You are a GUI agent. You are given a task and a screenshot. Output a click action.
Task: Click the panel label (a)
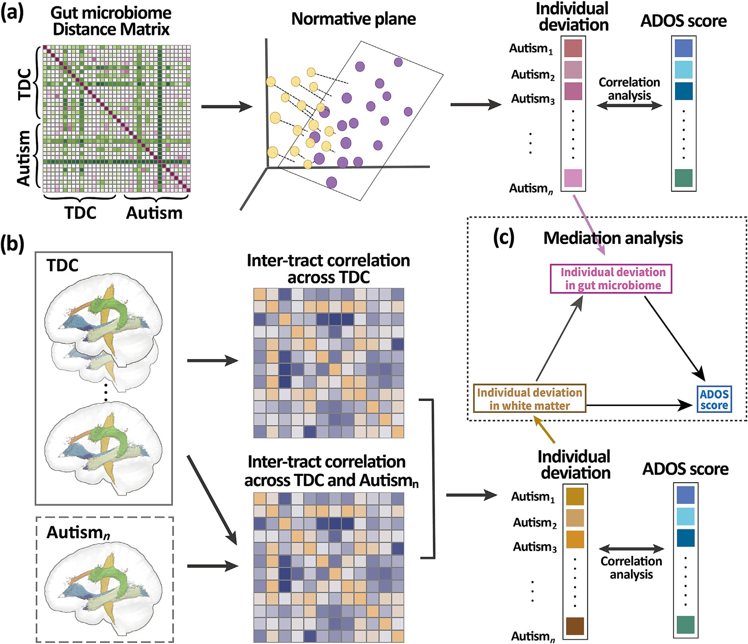12,12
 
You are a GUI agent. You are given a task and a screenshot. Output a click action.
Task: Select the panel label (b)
12,244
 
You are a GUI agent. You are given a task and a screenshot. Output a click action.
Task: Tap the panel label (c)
504,238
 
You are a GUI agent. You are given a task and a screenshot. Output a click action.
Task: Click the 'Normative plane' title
353,19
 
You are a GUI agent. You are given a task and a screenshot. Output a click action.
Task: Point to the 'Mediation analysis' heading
613,238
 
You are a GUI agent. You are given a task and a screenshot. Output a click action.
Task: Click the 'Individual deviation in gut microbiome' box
611,279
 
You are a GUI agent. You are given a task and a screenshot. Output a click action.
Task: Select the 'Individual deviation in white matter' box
529,398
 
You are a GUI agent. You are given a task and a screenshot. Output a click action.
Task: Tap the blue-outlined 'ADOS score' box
714,399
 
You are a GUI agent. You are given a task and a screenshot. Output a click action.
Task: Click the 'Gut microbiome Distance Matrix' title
111,21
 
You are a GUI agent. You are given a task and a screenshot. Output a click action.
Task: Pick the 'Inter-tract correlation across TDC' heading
328,269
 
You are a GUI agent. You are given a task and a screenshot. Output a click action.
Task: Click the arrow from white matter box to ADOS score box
640,405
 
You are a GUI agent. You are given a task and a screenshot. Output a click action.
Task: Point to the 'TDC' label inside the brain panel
62,265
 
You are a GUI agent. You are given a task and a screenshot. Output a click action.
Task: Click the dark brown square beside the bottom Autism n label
575,626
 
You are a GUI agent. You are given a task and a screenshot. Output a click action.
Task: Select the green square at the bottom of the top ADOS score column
684,178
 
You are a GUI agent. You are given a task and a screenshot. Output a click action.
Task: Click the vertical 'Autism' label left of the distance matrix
24,158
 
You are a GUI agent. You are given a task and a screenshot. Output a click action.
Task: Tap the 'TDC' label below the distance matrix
81,213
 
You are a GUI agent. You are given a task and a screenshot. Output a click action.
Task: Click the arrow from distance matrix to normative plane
227,106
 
